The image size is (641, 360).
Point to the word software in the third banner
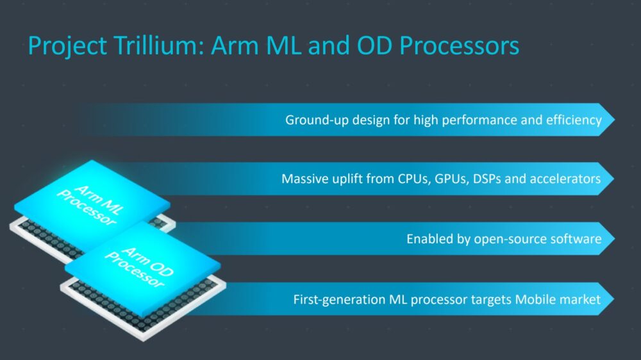tap(576, 240)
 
